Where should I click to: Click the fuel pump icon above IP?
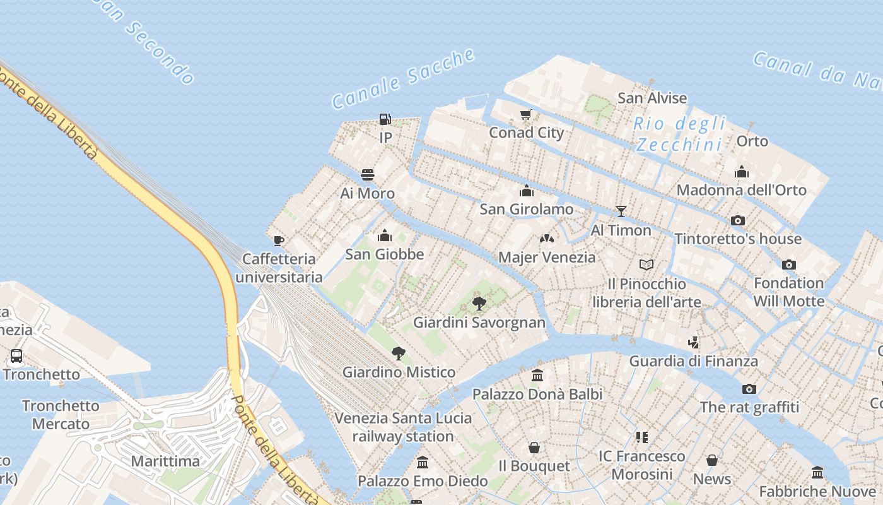click(x=385, y=119)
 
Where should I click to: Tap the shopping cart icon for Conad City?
click(x=525, y=114)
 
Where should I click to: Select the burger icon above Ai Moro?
click(x=368, y=175)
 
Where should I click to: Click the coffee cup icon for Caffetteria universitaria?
click(x=278, y=241)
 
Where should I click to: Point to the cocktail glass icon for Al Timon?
click(x=621, y=211)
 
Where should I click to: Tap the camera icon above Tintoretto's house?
click(x=737, y=220)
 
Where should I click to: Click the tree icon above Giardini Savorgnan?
click(x=479, y=304)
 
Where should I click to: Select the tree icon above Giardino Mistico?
click(x=398, y=353)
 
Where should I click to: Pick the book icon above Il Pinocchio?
click(x=646, y=265)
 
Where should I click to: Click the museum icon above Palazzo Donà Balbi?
click(x=537, y=376)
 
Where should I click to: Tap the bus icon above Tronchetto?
click(x=16, y=356)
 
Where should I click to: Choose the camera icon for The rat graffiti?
click(x=749, y=389)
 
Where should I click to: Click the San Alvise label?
click(x=652, y=98)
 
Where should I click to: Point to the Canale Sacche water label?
click(x=404, y=79)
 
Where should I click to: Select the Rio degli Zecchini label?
click(x=680, y=134)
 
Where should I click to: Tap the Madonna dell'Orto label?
click(x=741, y=190)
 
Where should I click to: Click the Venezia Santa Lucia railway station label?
click(x=403, y=427)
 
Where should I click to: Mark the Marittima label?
click(x=165, y=461)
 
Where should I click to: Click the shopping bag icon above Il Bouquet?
click(x=534, y=448)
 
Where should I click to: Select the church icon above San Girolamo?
click(x=527, y=191)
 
